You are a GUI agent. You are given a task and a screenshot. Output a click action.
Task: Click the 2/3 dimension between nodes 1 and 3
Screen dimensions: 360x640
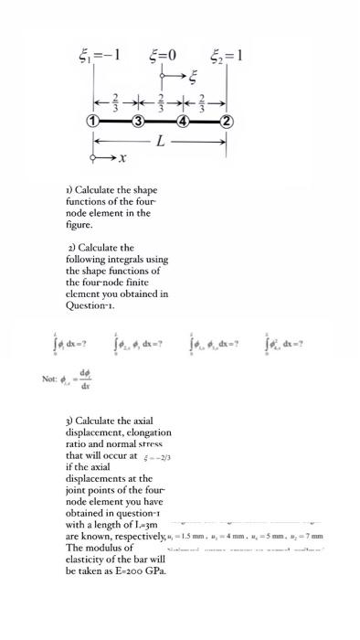116,99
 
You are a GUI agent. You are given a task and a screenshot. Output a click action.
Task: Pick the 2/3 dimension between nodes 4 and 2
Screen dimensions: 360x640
204,99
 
